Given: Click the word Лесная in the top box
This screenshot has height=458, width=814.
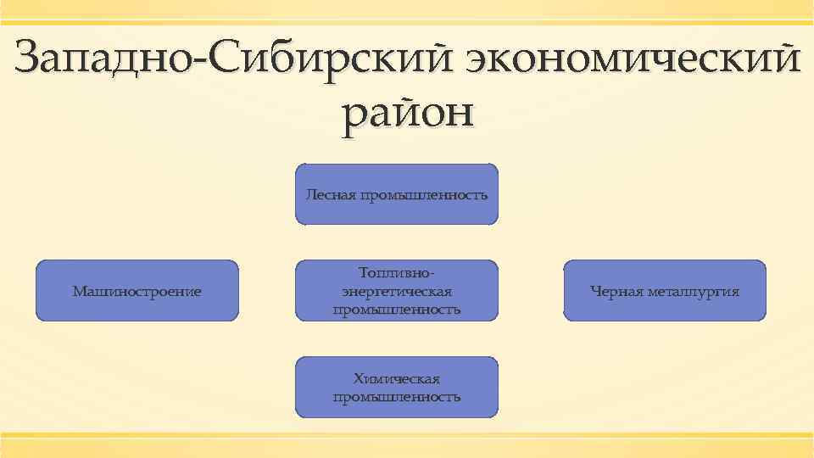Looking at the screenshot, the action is click(x=332, y=195).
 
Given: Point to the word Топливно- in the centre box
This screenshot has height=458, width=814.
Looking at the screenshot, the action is click(x=397, y=274).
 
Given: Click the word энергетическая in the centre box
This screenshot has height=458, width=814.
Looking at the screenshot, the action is click(x=397, y=292).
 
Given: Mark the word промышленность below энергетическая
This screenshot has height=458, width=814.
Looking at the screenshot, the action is click(x=397, y=310).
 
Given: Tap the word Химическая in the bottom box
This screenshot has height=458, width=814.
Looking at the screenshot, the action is click(x=397, y=379).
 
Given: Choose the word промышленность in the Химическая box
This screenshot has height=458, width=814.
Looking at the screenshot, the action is click(x=397, y=397).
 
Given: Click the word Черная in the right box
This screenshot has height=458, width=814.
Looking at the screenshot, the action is click(x=616, y=292).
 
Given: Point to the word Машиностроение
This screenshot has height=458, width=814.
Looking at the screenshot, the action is click(x=137, y=292).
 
